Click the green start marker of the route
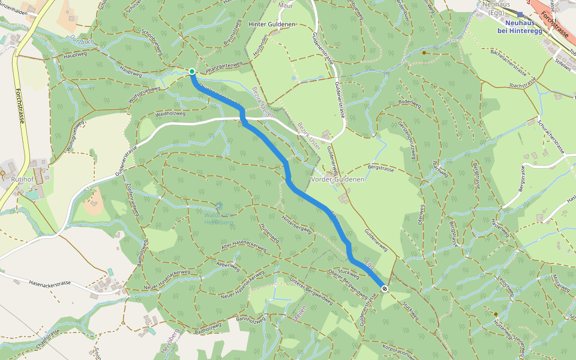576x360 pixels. (192, 72)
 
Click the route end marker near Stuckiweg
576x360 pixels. (385, 289)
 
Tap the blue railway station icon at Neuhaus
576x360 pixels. (520, 14)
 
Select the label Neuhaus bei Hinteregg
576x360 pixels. (520, 26)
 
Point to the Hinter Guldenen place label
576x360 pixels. (271, 24)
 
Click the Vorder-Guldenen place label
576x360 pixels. (338, 179)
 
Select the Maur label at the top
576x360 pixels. (286, 5)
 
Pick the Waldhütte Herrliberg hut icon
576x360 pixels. (218, 206)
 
